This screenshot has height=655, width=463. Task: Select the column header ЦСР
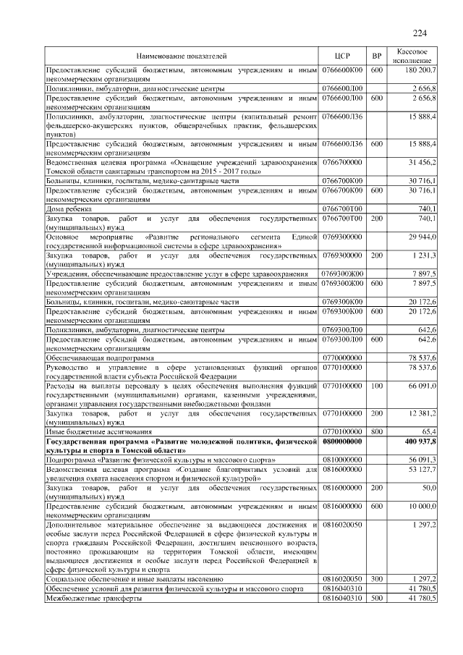pos(343,56)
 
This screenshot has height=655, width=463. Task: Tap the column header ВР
pos(376,56)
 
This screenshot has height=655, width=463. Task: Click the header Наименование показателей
pos(182,56)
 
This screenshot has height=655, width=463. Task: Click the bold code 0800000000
pos(342,440)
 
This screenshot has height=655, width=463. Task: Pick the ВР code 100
pos(376,387)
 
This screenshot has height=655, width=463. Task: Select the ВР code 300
pos(376,580)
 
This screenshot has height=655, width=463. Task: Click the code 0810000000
pos(342,459)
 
